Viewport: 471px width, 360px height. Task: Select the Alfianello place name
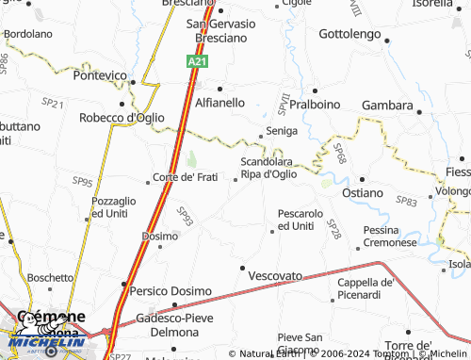219,102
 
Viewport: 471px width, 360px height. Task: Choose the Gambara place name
387,106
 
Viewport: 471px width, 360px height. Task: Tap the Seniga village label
282,130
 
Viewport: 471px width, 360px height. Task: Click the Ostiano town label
363,192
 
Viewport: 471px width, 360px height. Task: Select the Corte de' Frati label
186,177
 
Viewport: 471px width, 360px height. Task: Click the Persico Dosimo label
171,291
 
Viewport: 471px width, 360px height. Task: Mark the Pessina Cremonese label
389,237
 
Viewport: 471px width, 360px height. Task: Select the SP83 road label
407,202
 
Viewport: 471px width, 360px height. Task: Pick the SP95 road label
83,182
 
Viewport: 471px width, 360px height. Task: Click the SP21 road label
53,103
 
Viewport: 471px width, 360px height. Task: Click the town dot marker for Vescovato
242,268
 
